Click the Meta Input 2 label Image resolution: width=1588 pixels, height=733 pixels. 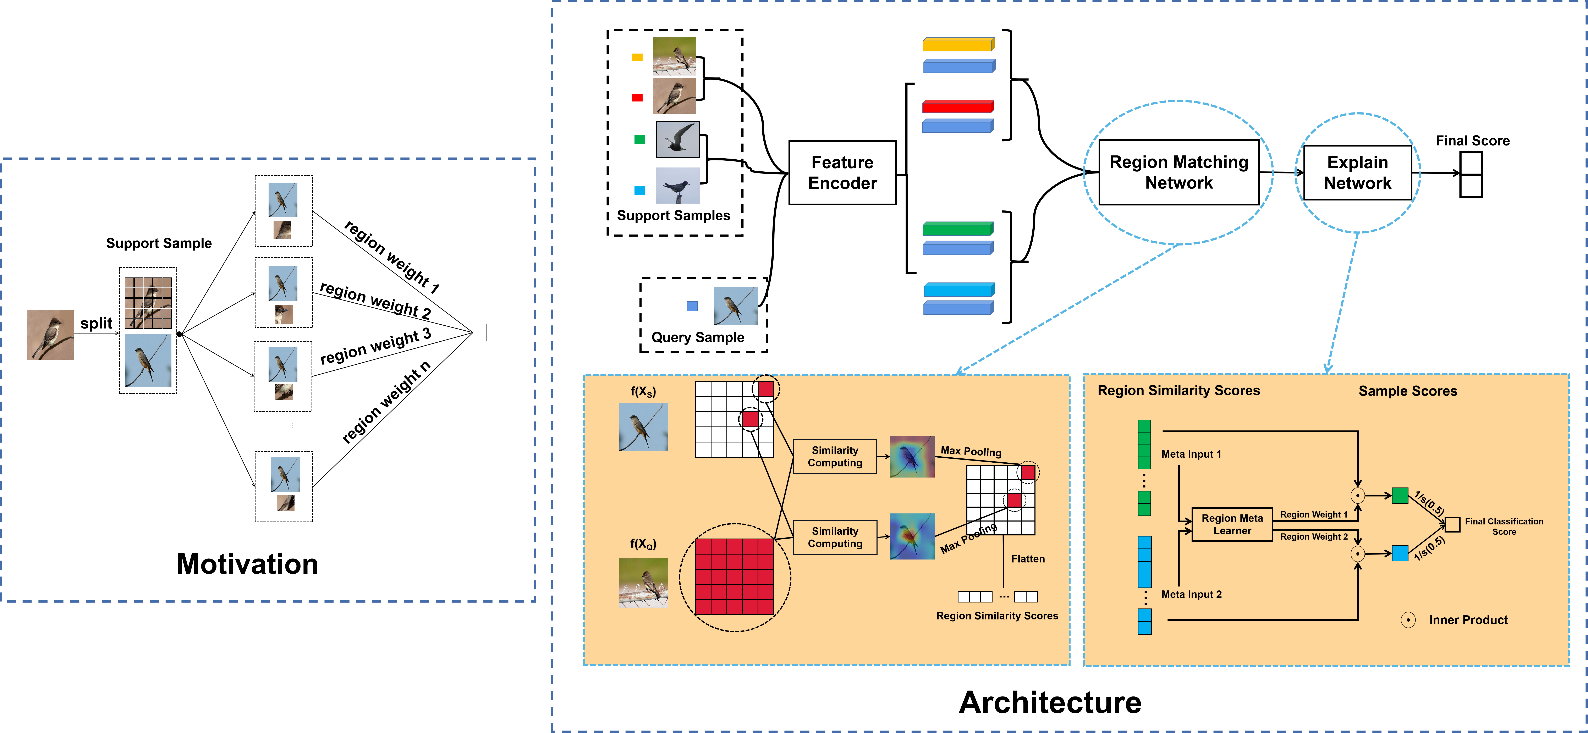pos(1191,594)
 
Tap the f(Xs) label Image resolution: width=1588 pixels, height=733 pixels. pos(643,391)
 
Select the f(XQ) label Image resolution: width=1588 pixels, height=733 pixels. pos(643,544)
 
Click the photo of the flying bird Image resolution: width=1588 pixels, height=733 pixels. pos(677,139)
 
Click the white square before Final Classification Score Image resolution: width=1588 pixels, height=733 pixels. pos(1452,525)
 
